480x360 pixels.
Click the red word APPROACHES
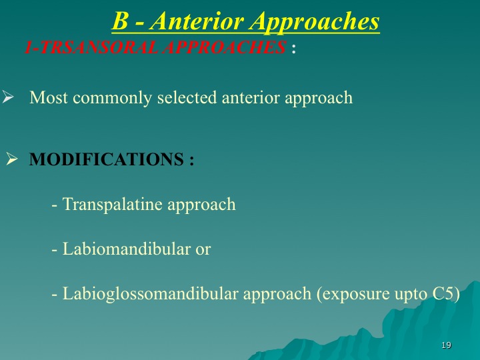point(224,47)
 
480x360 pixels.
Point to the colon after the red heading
point(294,49)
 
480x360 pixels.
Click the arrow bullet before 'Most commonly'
point(7,97)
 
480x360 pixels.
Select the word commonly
point(113,98)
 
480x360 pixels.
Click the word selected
point(187,97)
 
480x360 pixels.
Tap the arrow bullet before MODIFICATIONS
point(11,159)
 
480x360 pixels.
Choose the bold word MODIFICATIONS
point(107,159)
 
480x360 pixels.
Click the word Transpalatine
point(113,205)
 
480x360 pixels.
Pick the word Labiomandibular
point(127,249)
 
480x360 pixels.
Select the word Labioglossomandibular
point(150,294)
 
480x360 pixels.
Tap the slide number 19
point(446,345)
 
